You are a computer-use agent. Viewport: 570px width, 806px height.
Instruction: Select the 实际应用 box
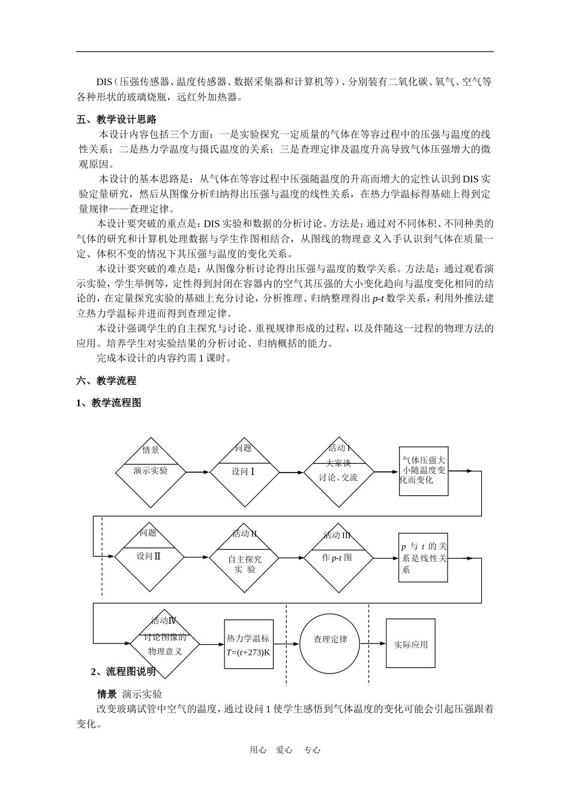pyautogui.click(x=410, y=644)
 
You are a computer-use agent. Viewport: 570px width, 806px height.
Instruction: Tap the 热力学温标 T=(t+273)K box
pyautogui.click(x=248, y=644)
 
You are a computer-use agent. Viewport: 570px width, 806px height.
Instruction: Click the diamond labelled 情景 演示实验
pyautogui.click(x=151, y=472)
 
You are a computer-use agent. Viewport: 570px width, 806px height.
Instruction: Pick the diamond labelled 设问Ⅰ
pyautogui.click(x=244, y=472)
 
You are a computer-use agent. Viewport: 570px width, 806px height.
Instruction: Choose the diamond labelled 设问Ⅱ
pyautogui.click(x=149, y=556)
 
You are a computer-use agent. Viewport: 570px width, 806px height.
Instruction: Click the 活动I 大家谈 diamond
pyautogui.click(x=339, y=472)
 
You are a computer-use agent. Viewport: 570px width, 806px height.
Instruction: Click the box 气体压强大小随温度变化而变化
pyautogui.click(x=424, y=471)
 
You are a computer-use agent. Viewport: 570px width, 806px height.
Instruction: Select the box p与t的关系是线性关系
pyautogui.click(x=423, y=558)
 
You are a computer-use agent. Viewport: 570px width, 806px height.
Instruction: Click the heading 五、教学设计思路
pyautogui.click(x=116, y=120)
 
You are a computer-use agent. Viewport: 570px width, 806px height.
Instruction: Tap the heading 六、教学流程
pyautogui.click(x=107, y=380)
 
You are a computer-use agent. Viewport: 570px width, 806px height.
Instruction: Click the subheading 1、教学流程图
pyautogui.click(x=109, y=402)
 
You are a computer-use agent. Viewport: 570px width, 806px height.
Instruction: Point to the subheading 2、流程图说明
pyautogui.click(x=123, y=671)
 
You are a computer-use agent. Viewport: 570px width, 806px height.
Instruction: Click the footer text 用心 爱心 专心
pyautogui.click(x=284, y=750)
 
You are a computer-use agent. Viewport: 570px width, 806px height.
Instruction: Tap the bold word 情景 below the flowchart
pyautogui.click(x=107, y=694)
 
